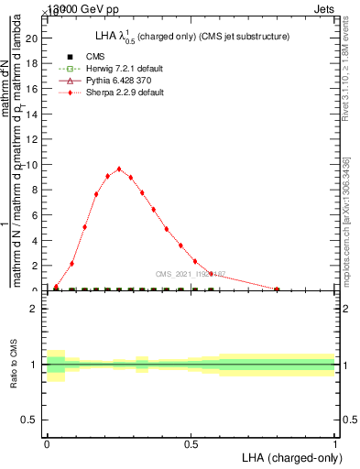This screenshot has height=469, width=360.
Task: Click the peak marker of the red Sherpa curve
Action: pyautogui.click(x=119, y=169)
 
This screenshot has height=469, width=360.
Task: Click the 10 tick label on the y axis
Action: pyautogui.click(x=34, y=165)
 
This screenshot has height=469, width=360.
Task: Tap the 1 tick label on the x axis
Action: pyautogui.click(x=335, y=442)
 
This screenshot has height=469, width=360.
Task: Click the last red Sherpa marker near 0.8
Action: pyautogui.click(x=278, y=289)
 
